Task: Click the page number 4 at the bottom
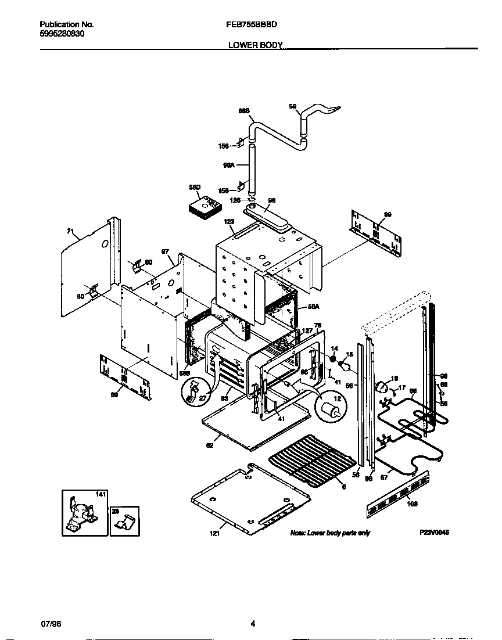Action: click(253, 624)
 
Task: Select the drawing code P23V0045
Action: click(434, 533)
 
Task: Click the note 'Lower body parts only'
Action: click(329, 533)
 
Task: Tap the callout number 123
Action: click(229, 221)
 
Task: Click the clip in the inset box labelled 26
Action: click(125, 522)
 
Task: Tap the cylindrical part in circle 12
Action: click(332, 410)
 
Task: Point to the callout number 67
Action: click(383, 477)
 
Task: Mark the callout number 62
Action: click(210, 445)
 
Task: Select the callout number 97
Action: click(166, 252)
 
